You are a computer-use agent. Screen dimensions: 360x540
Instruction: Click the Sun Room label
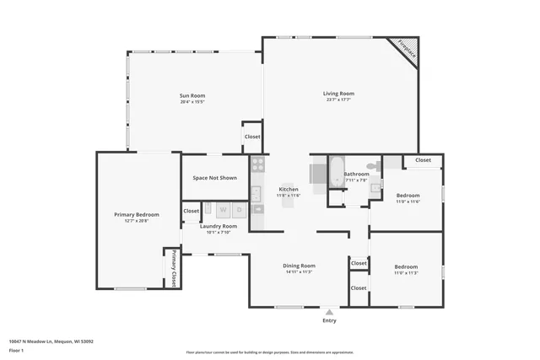192,95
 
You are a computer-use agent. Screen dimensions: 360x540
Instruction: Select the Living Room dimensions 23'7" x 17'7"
338,99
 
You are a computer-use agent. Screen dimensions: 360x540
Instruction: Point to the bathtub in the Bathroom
334,172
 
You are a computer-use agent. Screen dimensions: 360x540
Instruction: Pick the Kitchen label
289,190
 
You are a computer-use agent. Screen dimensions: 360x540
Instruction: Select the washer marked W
223,209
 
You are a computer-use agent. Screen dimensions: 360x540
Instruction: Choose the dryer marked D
240,209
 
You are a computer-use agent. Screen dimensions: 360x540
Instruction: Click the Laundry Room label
218,226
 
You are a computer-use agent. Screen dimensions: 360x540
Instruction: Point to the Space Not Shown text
214,178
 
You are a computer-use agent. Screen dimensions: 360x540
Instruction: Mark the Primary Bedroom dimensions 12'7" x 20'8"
136,221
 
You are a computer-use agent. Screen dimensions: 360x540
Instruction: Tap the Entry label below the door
329,320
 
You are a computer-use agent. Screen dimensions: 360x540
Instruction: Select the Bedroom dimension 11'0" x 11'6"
408,201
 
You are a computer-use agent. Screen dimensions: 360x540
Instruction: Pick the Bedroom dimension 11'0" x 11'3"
406,272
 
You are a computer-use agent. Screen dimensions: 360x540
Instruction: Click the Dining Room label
299,266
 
